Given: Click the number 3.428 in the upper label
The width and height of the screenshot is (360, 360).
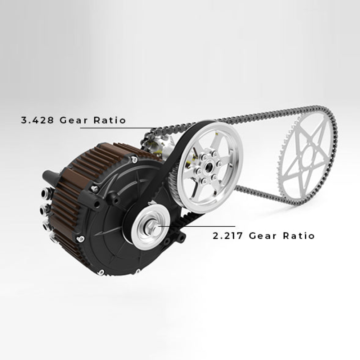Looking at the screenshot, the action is [x=37, y=120].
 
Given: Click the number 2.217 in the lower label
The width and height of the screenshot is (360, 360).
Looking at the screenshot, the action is [x=228, y=236].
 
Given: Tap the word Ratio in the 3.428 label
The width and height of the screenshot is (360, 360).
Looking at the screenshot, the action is [x=110, y=120].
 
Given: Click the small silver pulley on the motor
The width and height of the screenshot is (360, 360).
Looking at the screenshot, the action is [x=151, y=227].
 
